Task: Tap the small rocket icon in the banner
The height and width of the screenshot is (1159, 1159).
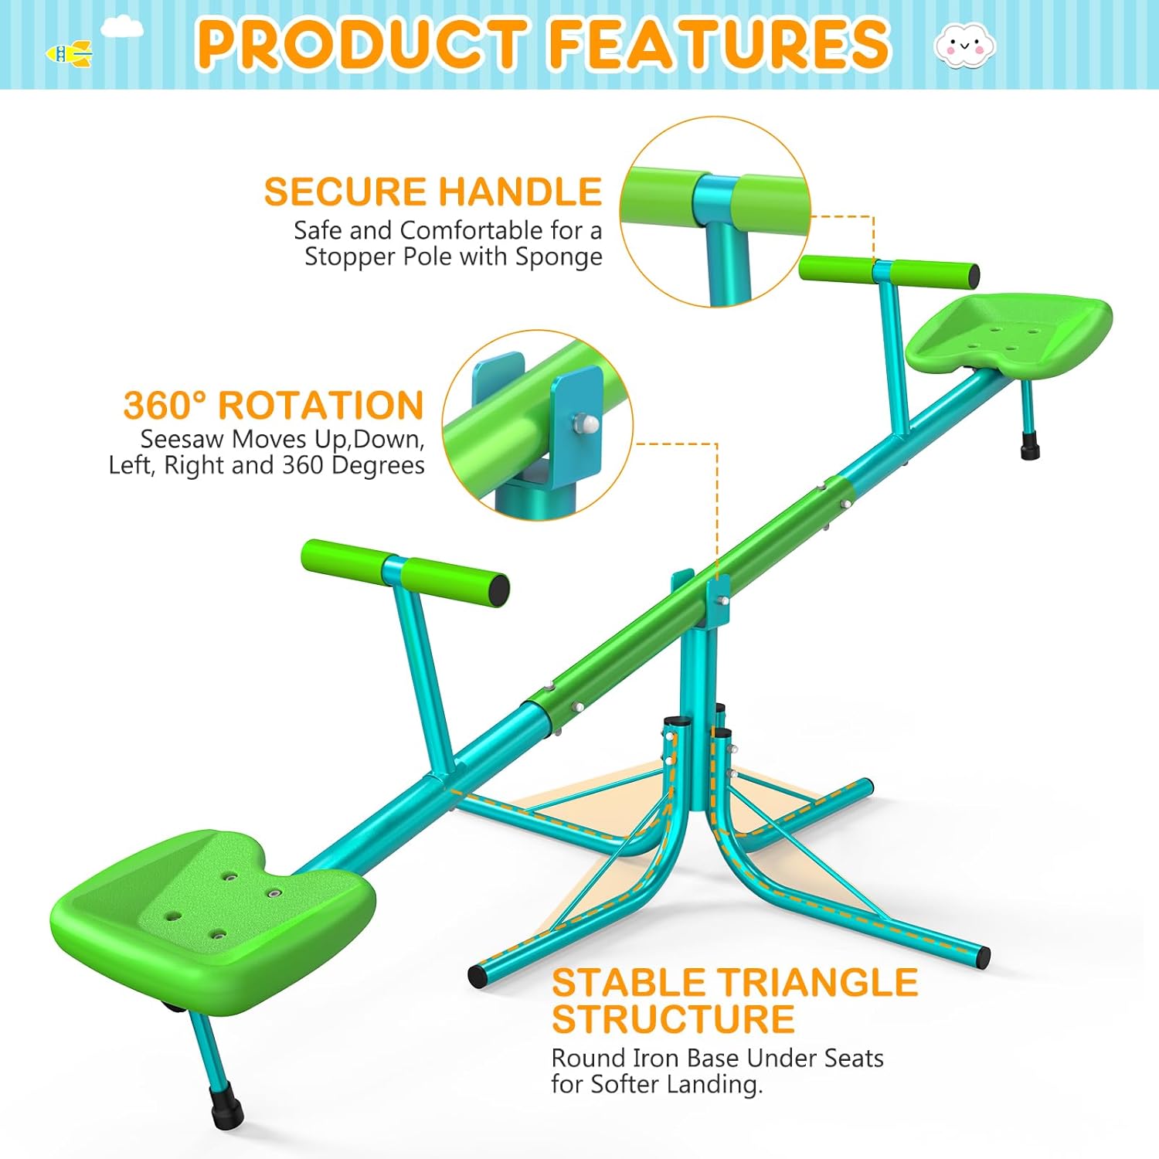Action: pyautogui.click(x=69, y=54)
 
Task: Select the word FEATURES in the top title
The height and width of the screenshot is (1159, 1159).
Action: pyautogui.click(x=719, y=43)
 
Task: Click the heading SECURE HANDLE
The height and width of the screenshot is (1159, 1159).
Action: pyautogui.click(x=433, y=192)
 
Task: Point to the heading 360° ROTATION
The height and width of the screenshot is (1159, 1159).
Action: pyautogui.click(x=274, y=405)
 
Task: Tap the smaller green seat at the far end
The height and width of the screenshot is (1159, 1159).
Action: pyautogui.click(x=1008, y=332)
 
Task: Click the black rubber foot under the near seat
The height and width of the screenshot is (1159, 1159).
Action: pyautogui.click(x=227, y=1106)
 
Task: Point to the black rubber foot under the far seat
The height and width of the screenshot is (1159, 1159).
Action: pyautogui.click(x=1030, y=447)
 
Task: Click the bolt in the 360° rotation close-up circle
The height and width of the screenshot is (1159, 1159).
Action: pyautogui.click(x=583, y=423)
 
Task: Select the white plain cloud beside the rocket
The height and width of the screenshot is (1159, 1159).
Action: pyautogui.click(x=122, y=28)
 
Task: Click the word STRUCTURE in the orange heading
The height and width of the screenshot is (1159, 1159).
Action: pyautogui.click(x=673, y=1019)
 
